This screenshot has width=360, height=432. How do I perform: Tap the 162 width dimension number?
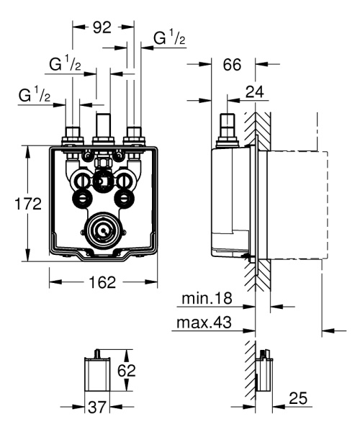tap(103, 283)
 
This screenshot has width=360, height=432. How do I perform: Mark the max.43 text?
tap(205, 324)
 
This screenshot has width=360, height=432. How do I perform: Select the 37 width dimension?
tap(96, 408)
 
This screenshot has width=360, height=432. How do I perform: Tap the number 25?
tap(300, 397)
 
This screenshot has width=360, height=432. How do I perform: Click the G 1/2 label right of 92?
tap(170, 37)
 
